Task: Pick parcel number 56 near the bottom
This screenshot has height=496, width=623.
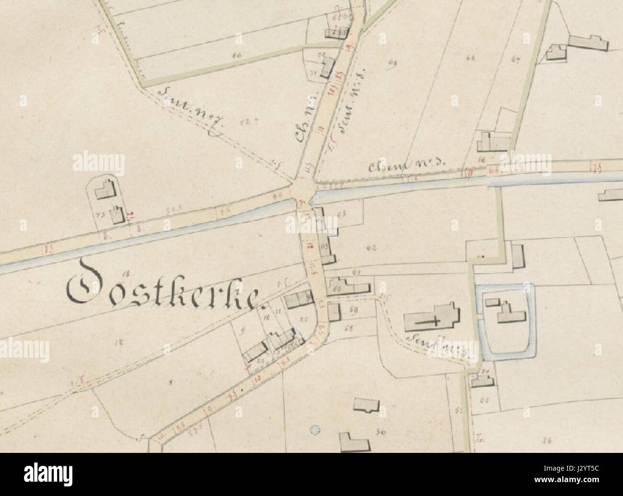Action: pyautogui.click(x=381, y=432)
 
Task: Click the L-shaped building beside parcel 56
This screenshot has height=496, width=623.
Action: pyautogui.click(x=354, y=441)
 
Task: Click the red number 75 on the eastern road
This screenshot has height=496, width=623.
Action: pyautogui.click(x=597, y=166)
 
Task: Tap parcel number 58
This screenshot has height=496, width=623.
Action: pyautogui.click(x=348, y=328)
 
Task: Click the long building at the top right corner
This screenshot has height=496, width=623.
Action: pyautogui.click(x=587, y=42)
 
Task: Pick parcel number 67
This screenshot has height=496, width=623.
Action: pyautogui.click(x=516, y=60)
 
